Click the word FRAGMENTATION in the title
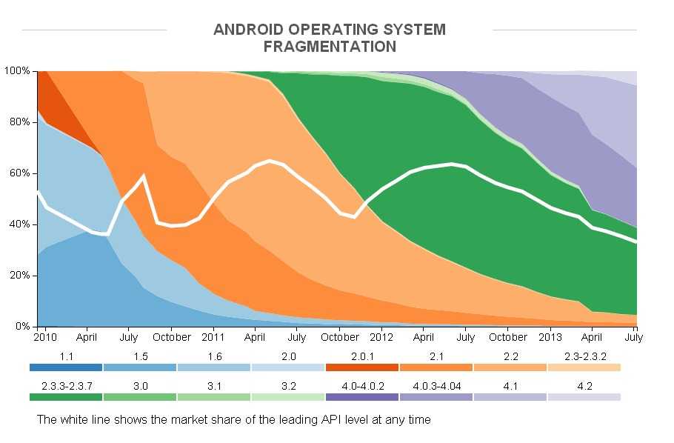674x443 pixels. [x=330, y=47]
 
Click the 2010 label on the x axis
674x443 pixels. [x=46, y=337]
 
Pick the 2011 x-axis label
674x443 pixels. [x=213, y=337]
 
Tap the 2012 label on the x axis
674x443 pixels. [x=381, y=337]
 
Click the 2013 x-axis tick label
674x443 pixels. [x=550, y=337]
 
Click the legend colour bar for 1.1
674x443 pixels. [x=66, y=367]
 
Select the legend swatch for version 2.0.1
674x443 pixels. [x=361, y=367]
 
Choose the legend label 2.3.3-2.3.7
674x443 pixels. [x=66, y=385]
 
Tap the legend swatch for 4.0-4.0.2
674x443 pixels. [x=361, y=397]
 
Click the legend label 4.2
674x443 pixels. [x=584, y=385]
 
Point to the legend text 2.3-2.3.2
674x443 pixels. [x=584, y=356]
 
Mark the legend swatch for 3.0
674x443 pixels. [x=140, y=397]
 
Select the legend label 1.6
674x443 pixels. [x=213, y=356]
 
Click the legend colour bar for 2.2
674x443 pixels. [x=510, y=367]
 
